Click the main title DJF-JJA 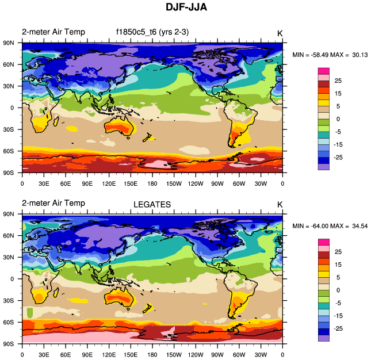(x=185, y=8)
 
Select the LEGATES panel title (x=152, y=204)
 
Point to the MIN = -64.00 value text (x=311, y=225)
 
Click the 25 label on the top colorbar (x=338, y=82)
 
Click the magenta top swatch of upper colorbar (x=324, y=71)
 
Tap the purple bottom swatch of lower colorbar (x=324, y=338)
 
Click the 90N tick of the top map (x=10, y=43)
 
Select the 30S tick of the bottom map (x=10, y=301)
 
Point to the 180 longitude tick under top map (x=152, y=183)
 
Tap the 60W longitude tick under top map (x=239, y=183)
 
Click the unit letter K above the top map (x=280, y=33)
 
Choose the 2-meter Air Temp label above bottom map (x=53, y=203)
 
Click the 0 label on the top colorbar (x=338, y=118)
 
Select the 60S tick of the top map (x=10, y=151)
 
